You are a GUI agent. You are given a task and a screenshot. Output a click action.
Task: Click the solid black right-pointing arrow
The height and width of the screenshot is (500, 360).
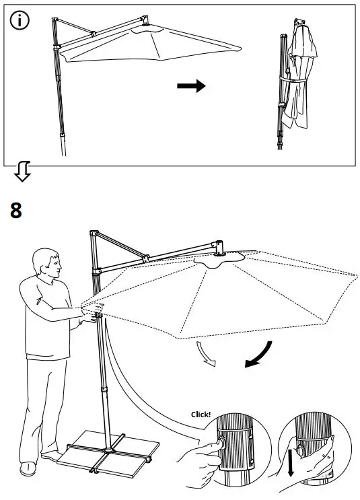(x=191, y=86)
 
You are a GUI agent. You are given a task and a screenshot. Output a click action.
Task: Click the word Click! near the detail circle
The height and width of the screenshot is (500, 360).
(x=201, y=415)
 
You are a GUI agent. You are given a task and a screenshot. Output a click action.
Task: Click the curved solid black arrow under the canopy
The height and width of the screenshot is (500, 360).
(x=260, y=355)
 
